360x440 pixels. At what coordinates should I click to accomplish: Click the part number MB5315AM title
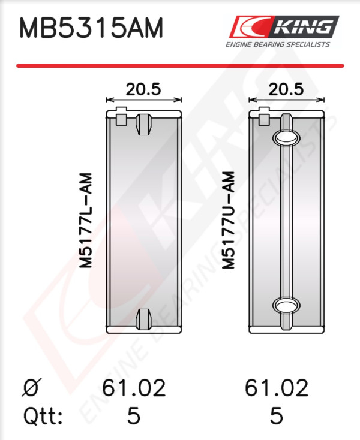pos(91,28)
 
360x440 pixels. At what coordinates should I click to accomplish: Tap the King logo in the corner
pos(284,26)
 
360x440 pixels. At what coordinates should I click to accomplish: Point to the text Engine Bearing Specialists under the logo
pos(278,44)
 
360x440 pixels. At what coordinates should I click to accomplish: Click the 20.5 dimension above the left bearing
pos(143,89)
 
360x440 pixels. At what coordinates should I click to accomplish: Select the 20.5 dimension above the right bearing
pos(286,89)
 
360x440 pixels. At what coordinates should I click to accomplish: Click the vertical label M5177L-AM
pos(86,221)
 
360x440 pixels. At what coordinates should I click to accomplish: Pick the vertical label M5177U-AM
pos(228,220)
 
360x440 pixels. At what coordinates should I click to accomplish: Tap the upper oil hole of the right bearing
pos(286,137)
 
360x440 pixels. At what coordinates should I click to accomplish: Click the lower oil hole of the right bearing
pos(286,305)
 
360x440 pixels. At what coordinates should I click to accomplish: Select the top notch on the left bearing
pos(144,124)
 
